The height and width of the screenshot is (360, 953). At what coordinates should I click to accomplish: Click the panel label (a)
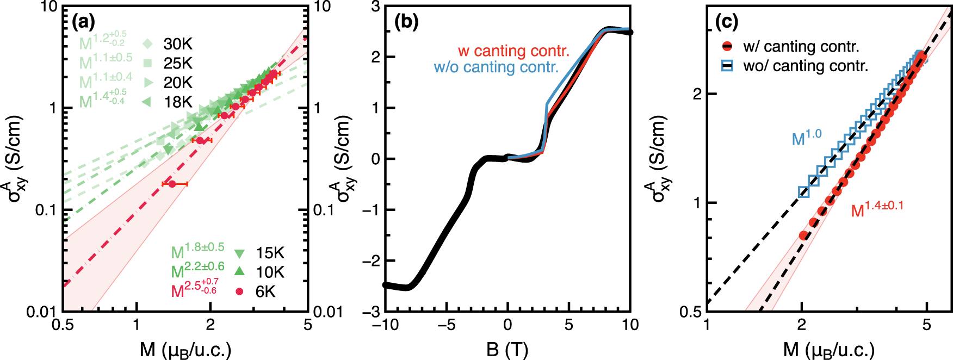pos(83,22)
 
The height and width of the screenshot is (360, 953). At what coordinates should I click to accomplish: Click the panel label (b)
pos(406,22)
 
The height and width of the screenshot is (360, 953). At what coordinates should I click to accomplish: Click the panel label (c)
pos(726,22)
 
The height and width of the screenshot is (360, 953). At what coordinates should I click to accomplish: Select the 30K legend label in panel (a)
pos(178,44)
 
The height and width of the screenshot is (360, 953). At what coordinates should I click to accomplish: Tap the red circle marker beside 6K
pos(239,292)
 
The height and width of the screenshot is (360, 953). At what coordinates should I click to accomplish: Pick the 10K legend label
pos(270,272)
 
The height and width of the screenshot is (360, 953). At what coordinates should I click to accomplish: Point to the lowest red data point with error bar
pos(172,184)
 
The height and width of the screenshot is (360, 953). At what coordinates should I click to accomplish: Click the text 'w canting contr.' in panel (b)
pos(513,51)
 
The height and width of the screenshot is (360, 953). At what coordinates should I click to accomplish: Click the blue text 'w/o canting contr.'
pos(496,67)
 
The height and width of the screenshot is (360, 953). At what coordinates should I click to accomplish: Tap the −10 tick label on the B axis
pos(385,325)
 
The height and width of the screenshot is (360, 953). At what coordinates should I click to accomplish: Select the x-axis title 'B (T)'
pos(507,350)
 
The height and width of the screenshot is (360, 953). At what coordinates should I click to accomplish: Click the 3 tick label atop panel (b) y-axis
pos(375,7)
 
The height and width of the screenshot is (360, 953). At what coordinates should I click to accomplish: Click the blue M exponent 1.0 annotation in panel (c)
pos(806,138)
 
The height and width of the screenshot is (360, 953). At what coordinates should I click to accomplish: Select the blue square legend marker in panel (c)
pos(727,66)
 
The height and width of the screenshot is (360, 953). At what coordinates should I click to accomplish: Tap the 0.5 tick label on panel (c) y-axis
pos(691,312)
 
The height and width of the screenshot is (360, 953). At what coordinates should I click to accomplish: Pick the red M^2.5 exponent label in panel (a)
pos(194,289)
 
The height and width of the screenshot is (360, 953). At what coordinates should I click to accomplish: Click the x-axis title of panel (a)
pos(185,350)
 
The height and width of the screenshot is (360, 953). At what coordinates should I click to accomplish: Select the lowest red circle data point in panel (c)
pos(803,235)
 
